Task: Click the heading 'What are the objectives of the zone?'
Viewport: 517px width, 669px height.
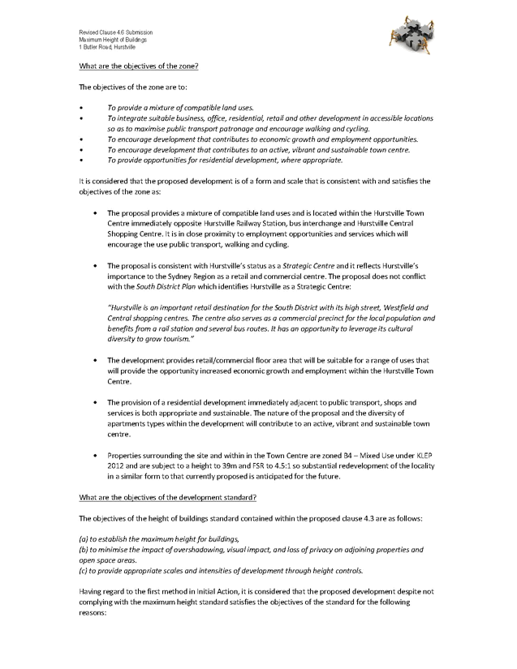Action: (139, 65)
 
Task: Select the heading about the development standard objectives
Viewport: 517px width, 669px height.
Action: (167, 497)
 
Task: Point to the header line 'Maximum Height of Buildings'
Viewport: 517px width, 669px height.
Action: (106, 40)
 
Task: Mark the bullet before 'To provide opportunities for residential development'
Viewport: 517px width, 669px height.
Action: (81, 160)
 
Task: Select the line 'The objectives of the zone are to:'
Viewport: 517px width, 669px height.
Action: (120, 86)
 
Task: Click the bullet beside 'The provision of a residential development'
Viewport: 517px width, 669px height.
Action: (95, 402)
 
